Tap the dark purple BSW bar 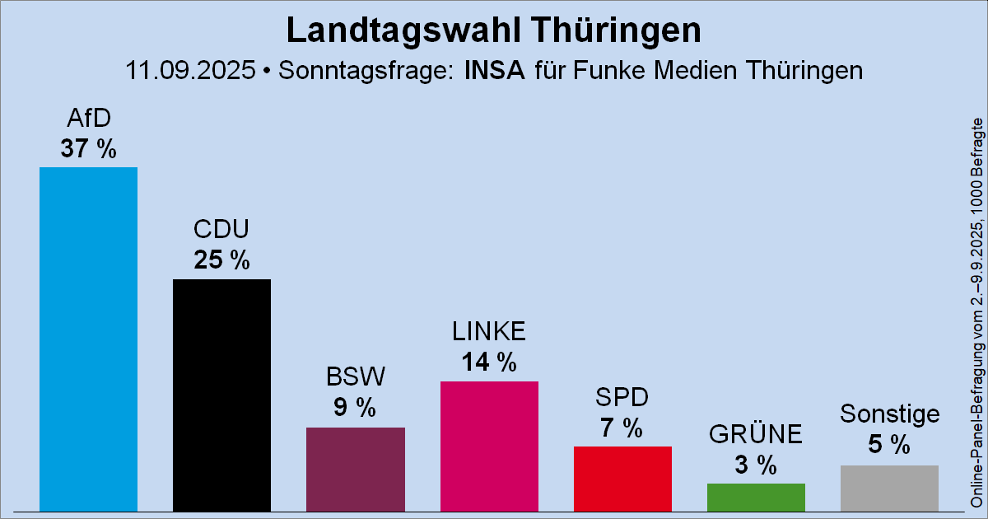tap(355, 468)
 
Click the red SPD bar tap(622, 477)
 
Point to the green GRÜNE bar tap(756, 496)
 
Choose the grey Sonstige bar tap(889, 487)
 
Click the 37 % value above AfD tap(88, 149)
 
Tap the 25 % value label tap(221, 261)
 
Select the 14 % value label tap(489, 362)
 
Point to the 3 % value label tap(756, 465)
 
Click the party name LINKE tap(489, 332)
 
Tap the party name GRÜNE tap(756, 434)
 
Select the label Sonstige tap(889, 414)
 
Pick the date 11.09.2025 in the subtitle tap(190, 70)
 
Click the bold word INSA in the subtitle tap(494, 70)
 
